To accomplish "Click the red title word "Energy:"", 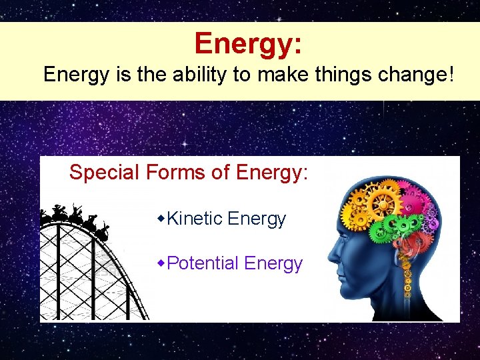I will click(248, 44).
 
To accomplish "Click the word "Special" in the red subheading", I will click(104, 173).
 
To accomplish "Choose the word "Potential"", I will click(203, 263).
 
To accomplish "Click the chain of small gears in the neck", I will click(408, 287).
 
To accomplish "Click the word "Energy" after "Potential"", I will click(273, 263).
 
